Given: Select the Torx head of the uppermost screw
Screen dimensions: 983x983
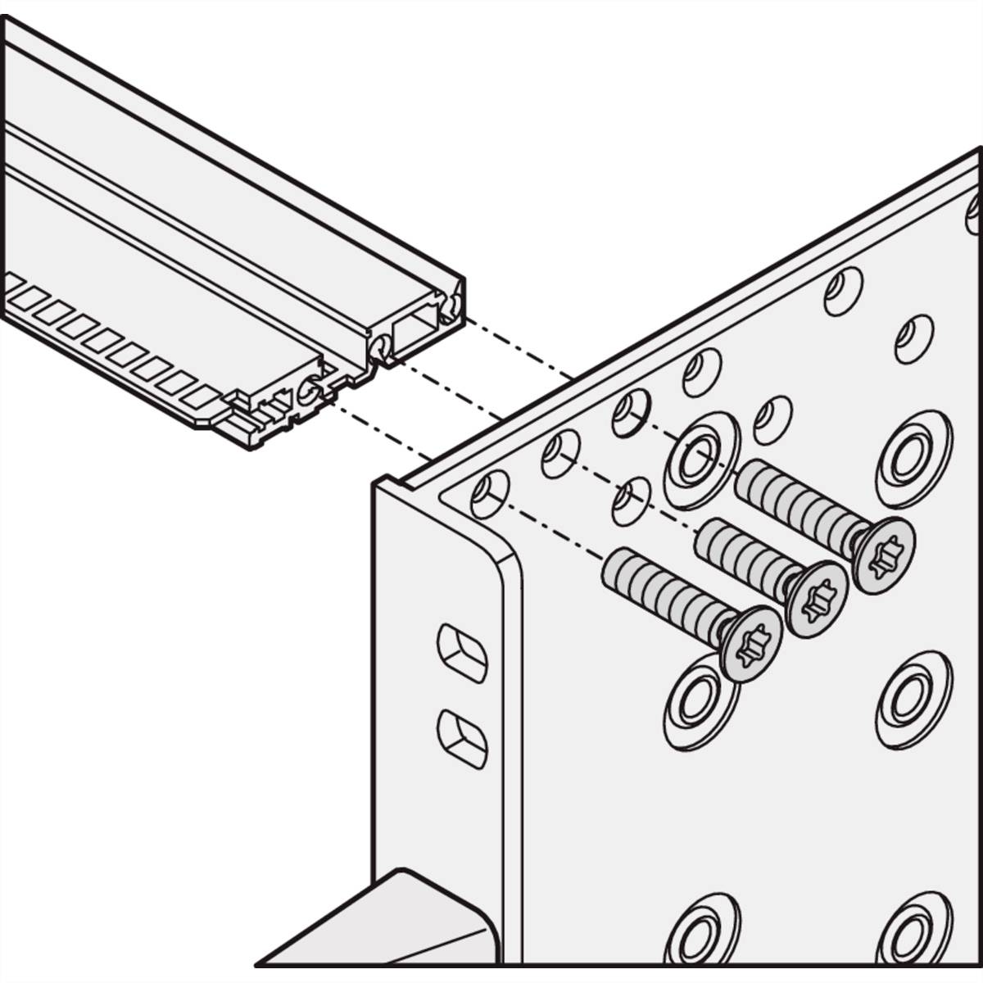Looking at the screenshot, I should pyautogui.click(x=883, y=555).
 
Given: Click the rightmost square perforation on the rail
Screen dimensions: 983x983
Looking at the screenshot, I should pyautogui.click(x=202, y=398).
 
